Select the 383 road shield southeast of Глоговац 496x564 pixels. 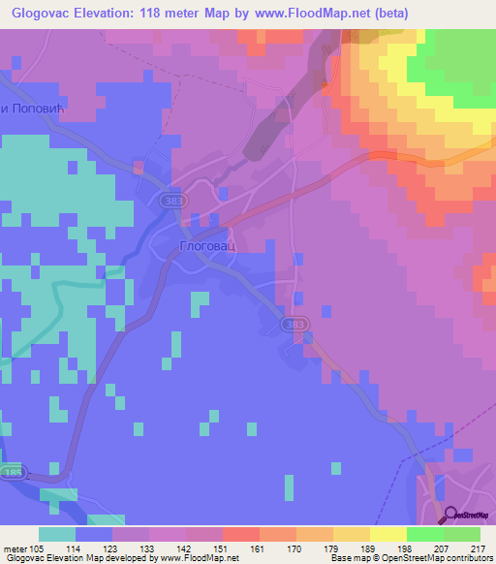pyautogui.click(x=299, y=324)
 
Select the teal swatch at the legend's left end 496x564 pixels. pyautogui.click(x=56, y=533)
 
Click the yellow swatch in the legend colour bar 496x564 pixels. pyautogui.click(x=387, y=533)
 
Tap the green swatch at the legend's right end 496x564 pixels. pyautogui.click(x=461, y=533)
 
